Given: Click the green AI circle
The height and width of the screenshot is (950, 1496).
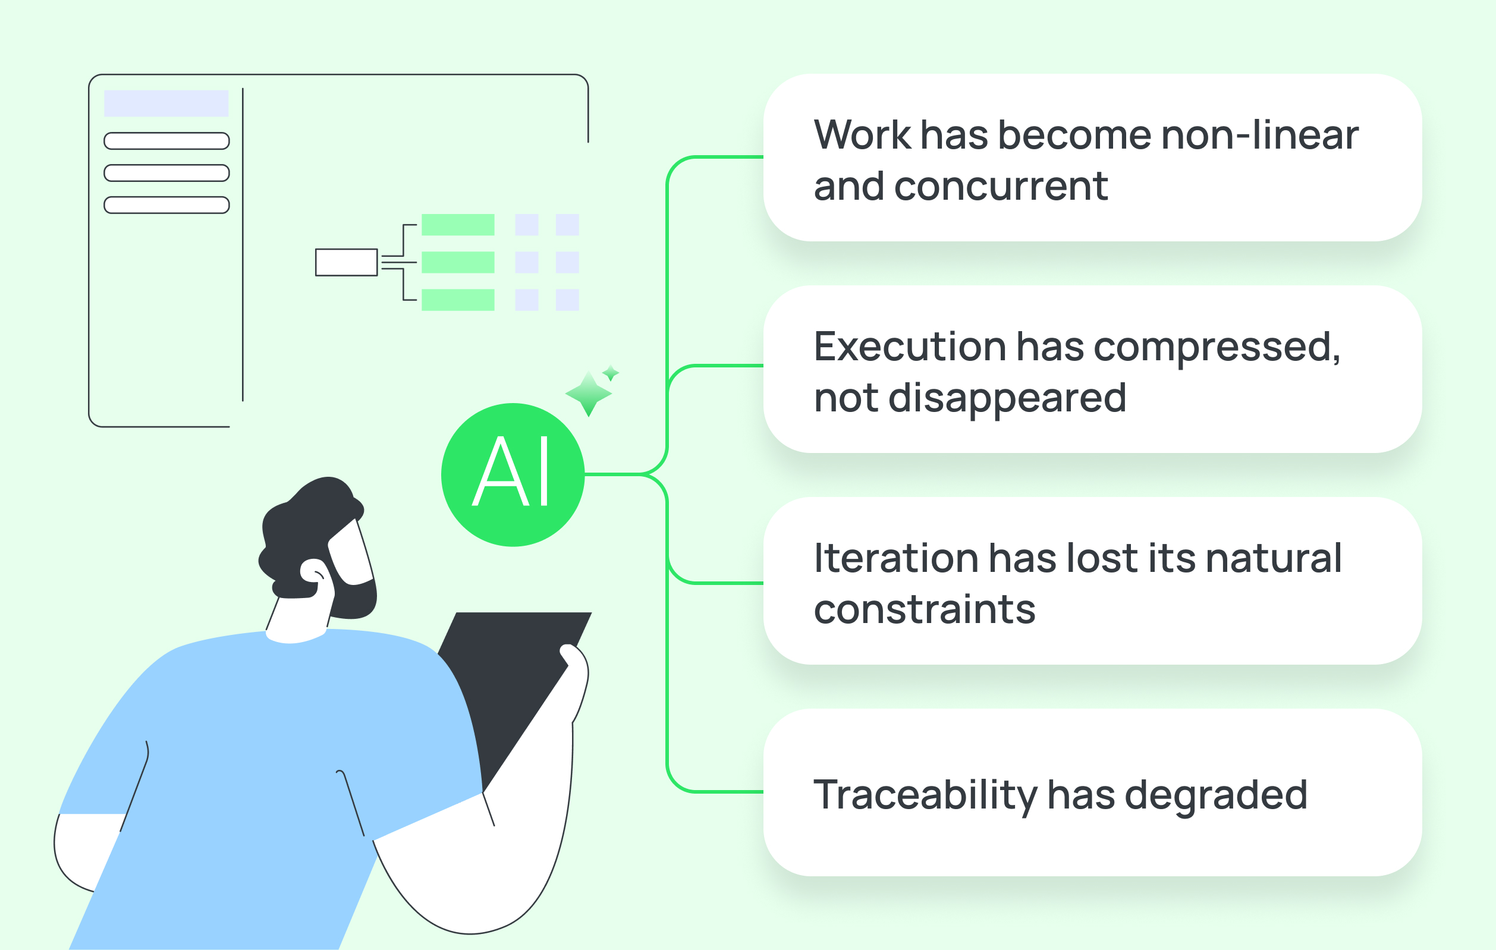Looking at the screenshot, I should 513,474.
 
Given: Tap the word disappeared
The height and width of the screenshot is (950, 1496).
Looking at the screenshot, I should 1007,398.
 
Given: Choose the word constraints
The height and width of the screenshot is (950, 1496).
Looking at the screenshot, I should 925,609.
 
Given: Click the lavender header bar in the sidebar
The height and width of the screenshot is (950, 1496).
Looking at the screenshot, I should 166,103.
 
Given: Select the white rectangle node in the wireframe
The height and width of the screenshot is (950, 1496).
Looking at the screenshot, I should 346,262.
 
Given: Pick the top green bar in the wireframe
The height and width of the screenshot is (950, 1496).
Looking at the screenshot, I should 458,224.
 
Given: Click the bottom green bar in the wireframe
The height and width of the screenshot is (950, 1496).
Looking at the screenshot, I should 458,300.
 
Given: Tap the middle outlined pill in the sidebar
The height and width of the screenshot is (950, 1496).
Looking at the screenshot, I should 166,173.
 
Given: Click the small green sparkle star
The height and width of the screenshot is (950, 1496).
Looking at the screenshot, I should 611,373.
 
